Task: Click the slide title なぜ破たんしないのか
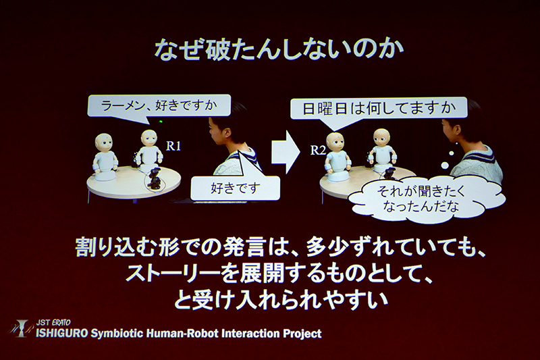tap(270, 51)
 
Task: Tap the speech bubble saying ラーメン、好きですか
tap(159, 105)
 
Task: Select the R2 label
tap(318, 150)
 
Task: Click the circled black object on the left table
tap(155, 180)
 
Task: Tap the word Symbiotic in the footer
tap(122, 334)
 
